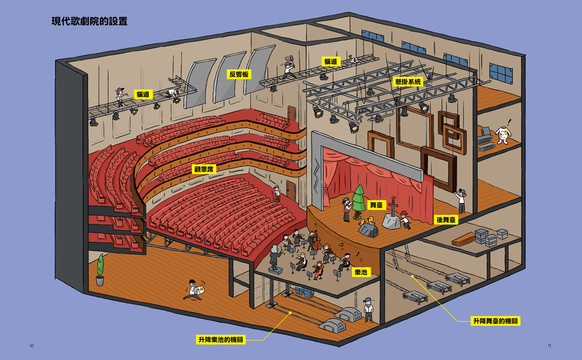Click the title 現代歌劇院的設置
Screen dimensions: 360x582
click(x=89, y=22)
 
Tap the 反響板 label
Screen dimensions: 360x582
click(x=239, y=74)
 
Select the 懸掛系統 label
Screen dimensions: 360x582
click(x=407, y=82)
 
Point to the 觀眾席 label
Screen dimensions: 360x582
click(x=204, y=169)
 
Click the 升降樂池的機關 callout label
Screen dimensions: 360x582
click(x=221, y=340)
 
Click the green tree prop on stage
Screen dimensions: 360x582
click(x=359, y=198)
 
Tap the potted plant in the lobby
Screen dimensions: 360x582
click(x=100, y=270)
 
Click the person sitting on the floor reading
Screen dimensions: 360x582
click(x=194, y=289)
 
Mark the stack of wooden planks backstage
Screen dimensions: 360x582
click(x=463, y=239)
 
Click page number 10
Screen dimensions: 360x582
click(x=31, y=346)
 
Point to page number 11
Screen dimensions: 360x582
click(x=549, y=346)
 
